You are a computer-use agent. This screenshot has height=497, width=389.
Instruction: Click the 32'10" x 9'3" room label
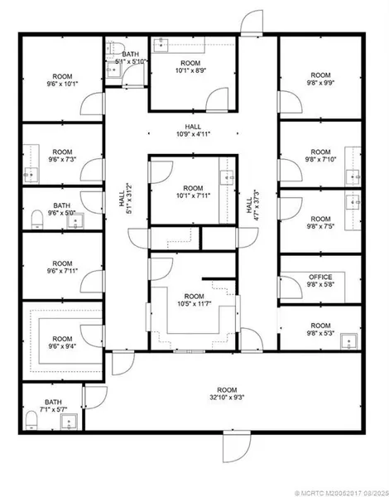pos(227,393)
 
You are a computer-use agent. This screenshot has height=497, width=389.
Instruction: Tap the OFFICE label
pos(320,277)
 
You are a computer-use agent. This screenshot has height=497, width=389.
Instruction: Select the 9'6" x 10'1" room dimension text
pos(62,84)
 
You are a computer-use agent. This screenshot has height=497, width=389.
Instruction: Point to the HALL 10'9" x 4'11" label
pos(193,131)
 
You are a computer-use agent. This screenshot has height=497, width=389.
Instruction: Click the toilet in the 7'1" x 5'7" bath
pos(31,420)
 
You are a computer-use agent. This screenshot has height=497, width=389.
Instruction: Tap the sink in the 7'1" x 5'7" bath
pos(69,422)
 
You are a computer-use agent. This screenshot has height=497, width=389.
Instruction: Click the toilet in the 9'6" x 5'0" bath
pos(37,219)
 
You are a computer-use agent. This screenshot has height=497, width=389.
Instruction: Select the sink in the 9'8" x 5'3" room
pos(348,341)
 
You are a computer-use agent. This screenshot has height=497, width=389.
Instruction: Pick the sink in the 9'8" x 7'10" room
pos(353,177)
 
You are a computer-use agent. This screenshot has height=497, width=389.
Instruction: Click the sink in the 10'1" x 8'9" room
pos(161,45)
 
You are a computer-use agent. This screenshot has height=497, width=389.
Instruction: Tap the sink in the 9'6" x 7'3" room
pos(31,175)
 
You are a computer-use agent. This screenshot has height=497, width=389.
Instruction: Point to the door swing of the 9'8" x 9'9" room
pos(291,102)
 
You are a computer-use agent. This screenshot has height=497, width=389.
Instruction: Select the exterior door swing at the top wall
pos(252,22)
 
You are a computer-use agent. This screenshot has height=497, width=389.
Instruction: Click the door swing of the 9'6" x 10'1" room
pos(92,104)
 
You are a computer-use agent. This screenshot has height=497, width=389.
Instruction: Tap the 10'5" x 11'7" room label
pos(194,300)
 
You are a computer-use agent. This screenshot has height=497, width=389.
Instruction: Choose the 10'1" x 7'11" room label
pos(193,192)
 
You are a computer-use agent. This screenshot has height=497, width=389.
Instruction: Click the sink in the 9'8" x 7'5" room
pos(353,202)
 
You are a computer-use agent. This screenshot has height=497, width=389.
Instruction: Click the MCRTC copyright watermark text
pos(342,494)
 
